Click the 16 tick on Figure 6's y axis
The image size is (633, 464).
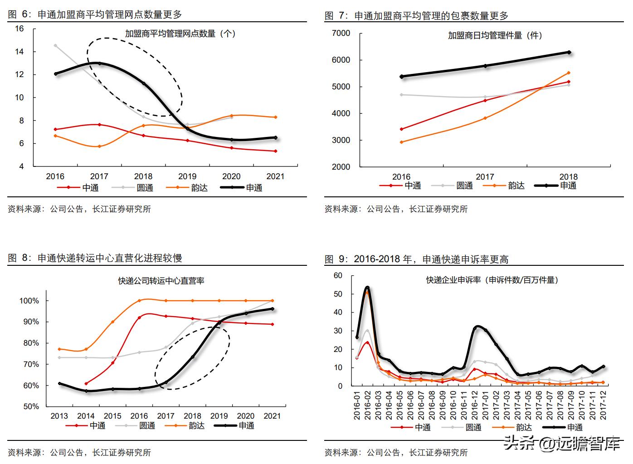coord(19,29)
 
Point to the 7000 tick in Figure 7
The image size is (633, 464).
coord(341,33)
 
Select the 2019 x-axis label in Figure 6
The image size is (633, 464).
coord(187,176)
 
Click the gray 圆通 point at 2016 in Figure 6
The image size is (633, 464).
coord(55,45)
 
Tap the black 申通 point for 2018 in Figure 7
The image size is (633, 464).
coord(569,53)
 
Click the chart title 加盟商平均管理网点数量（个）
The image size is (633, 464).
coord(180,34)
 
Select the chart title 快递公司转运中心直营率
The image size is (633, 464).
coord(161,281)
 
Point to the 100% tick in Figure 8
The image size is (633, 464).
coord(29,301)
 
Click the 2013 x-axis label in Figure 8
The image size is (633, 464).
coord(59,416)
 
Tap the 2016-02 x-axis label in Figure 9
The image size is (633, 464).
coord(368,404)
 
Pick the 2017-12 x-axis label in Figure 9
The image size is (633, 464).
coord(603,404)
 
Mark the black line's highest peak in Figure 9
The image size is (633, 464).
coord(367,287)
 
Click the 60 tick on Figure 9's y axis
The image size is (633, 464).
coord(338,275)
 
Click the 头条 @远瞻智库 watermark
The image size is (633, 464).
coord(562,442)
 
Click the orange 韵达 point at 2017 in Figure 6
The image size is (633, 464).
coord(99,146)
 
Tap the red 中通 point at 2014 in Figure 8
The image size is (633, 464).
coord(86,383)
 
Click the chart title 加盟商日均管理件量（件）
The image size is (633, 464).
coord(495,35)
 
